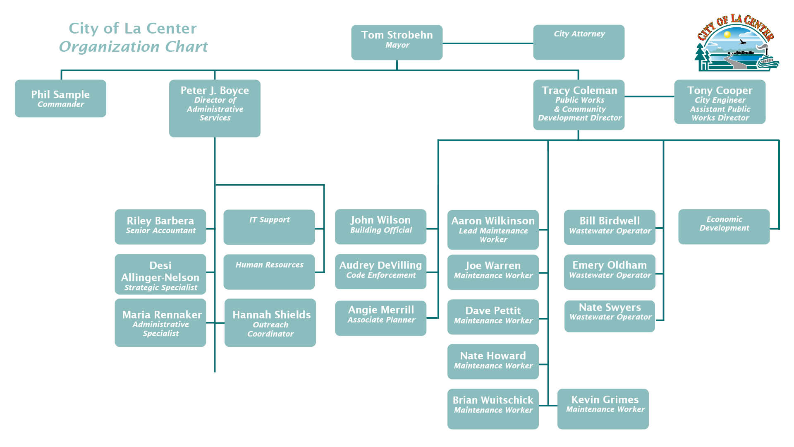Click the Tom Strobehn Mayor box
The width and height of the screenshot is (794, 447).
click(397, 42)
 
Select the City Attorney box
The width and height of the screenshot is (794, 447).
click(579, 42)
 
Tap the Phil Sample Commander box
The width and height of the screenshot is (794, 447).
click(60, 99)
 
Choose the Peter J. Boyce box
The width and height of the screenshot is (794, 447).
click(215, 108)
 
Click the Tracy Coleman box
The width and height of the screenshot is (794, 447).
click(579, 105)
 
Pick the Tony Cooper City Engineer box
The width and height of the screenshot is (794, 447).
click(720, 102)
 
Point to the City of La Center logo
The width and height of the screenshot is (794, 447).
click(737, 43)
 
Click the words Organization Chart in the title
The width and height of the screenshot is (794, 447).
click(133, 47)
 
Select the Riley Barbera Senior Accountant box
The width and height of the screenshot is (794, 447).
click(160, 227)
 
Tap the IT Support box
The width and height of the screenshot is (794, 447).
click(269, 227)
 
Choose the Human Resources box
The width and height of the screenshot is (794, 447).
click(269, 272)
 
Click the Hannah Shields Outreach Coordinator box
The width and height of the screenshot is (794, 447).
click(270, 323)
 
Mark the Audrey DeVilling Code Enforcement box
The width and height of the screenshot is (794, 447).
click(380, 272)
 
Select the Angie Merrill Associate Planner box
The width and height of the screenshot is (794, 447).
click(380, 318)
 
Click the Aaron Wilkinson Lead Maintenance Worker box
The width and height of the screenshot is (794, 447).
click(493, 230)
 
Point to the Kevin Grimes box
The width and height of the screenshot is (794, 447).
click(603, 409)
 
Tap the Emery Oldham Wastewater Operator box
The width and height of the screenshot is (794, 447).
click(610, 272)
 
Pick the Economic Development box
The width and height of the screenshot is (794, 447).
click(724, 227)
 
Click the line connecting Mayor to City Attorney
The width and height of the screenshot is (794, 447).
click(488, 43)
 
